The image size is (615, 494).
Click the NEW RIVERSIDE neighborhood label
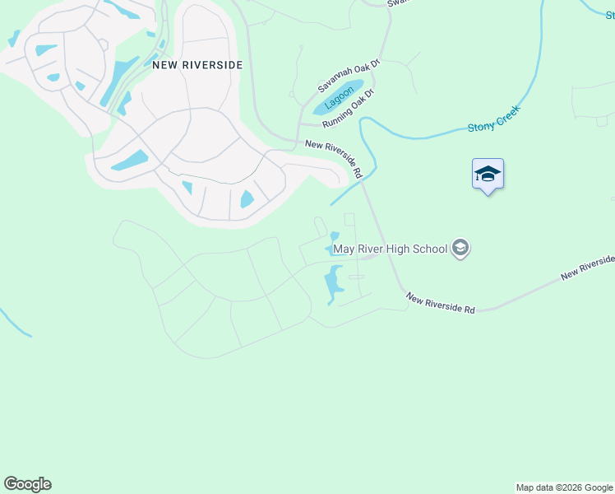coord(197,63)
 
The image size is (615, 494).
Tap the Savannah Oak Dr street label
coord(349,76)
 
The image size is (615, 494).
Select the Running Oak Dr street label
coord(348,109)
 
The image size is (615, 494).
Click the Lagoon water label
coord(337,98)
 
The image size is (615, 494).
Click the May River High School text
coord(390,249)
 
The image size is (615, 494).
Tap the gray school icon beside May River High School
coord(460,249)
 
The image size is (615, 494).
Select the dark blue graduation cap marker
coord(488,174)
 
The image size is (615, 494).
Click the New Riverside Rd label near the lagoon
coord(334,158)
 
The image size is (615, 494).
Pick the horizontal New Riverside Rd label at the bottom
coord(440,305)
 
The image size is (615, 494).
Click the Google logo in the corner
coord(27,484)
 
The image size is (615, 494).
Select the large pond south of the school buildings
coord(334,283)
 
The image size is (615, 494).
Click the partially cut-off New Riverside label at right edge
coord(589,267)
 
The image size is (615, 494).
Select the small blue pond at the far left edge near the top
coord(13,39)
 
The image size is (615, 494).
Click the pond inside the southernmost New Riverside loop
coord(247,198)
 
